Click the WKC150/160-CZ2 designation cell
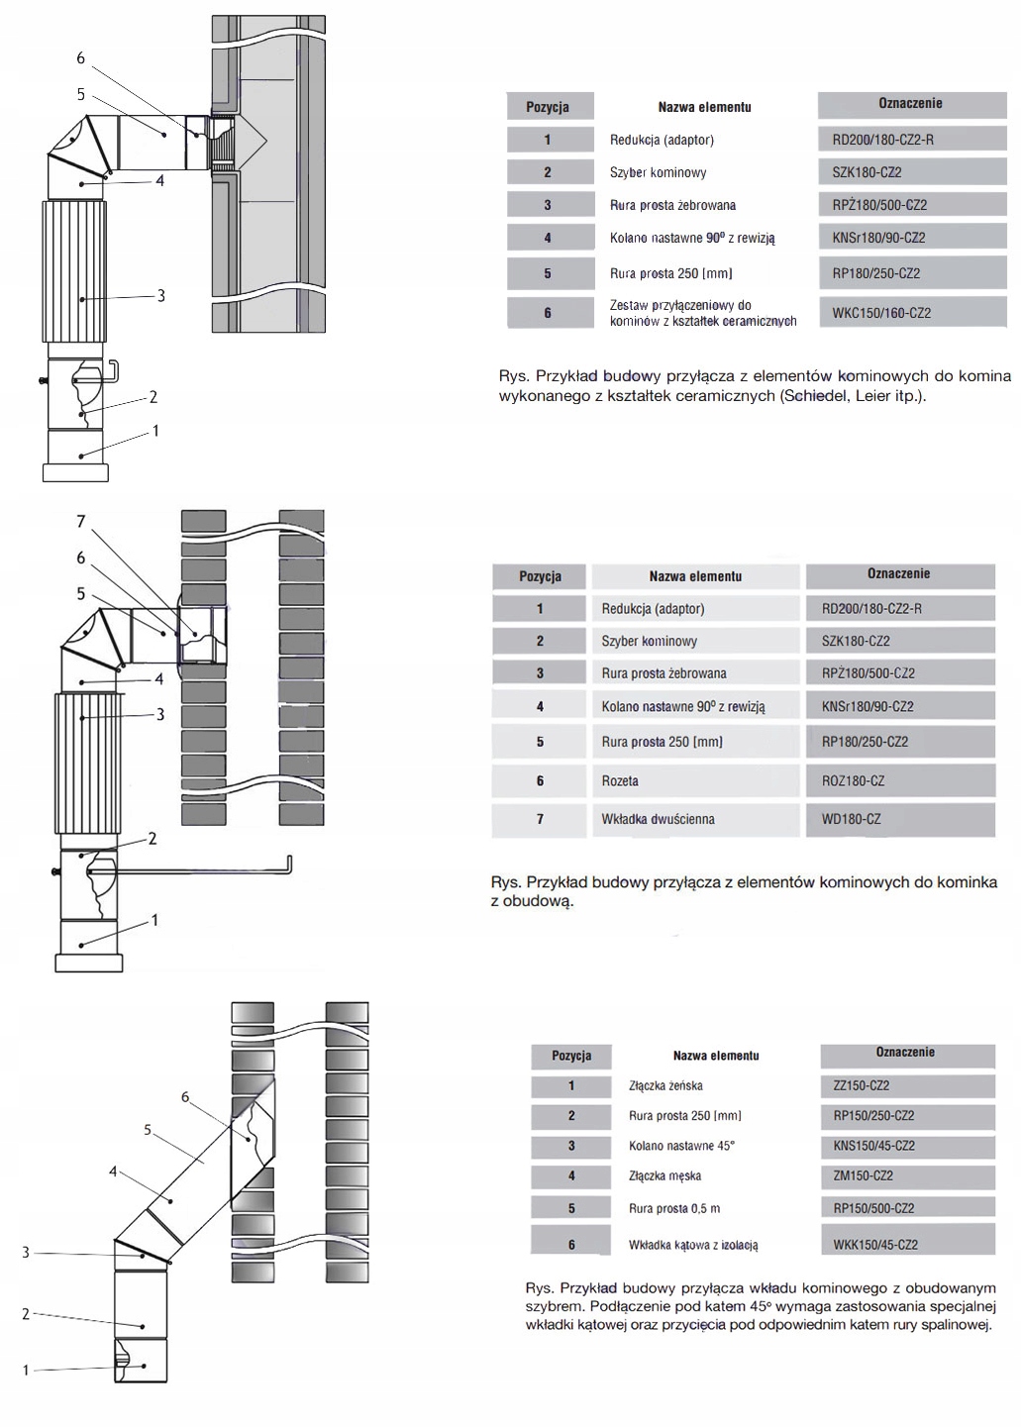pos(881,313)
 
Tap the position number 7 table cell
pos(540,819)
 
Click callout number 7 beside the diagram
pos(81,521)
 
